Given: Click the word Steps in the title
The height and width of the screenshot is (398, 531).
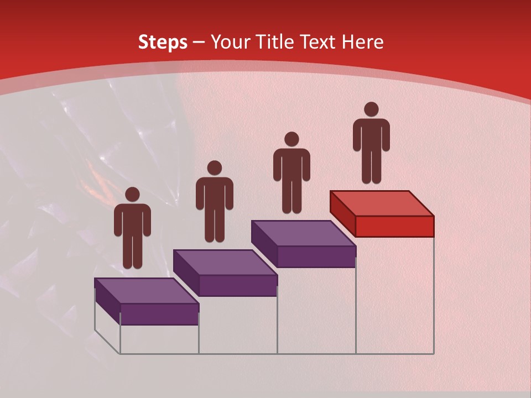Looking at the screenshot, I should (163, 42).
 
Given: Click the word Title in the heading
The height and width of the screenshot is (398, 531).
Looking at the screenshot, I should (277, 42).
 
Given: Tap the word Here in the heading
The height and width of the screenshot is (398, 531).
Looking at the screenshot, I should (362, 42).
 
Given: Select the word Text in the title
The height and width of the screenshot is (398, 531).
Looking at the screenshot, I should (320, 42).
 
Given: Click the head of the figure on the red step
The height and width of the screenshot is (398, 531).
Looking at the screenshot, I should (371, 109).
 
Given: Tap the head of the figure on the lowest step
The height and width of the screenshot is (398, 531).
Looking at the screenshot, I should (132, 195).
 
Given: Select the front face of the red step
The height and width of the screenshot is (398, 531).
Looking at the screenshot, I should (394, 226).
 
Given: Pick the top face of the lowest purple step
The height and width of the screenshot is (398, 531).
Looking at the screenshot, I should (147, 291).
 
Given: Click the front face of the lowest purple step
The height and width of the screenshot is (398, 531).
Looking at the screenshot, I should (159, 314).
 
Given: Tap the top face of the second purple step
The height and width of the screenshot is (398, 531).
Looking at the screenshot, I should (225, 262).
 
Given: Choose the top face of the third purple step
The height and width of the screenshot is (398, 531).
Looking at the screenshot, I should (303, 233).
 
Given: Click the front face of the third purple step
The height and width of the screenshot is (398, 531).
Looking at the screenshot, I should (316, 256).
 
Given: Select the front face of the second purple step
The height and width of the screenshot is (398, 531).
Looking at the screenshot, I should (238, 285).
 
